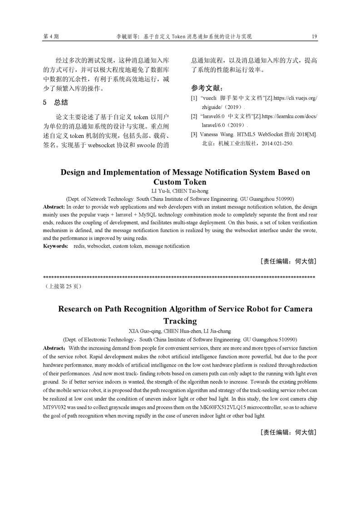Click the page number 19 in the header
314,36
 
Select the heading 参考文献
207,88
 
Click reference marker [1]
194,98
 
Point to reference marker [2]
194,117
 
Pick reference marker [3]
194,135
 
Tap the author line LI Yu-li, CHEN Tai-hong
180,191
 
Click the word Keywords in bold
55,246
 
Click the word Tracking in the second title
180,321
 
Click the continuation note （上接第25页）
63,287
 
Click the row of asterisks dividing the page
179,276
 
